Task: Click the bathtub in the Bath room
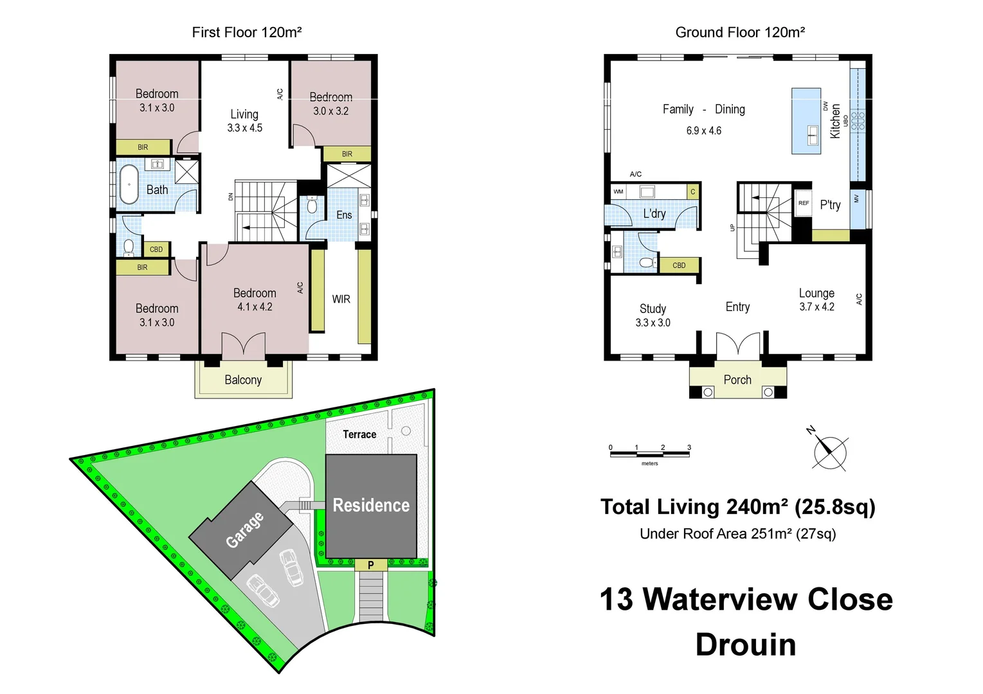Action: (129, 184)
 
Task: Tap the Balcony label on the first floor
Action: (243, 380)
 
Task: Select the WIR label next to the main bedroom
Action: (341, 299)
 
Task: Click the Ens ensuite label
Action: (344, 215)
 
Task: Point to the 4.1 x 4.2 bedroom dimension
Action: (255, 307)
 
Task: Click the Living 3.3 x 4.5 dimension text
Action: (244, 128)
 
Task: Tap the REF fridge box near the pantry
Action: (804, 204)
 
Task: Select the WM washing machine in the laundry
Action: (618, 191)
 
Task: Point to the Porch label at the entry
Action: (737, 380)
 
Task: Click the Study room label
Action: (653, 308)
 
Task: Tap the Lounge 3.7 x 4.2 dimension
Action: (816, 307)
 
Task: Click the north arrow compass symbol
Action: (829, 450)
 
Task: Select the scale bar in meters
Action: (649, 454)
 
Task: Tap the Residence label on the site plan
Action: (371, 506)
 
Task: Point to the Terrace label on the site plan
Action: (359, 434)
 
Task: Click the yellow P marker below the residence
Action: (371, 565)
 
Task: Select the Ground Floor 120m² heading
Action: (740, 32)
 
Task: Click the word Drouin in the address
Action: (746, 645)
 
